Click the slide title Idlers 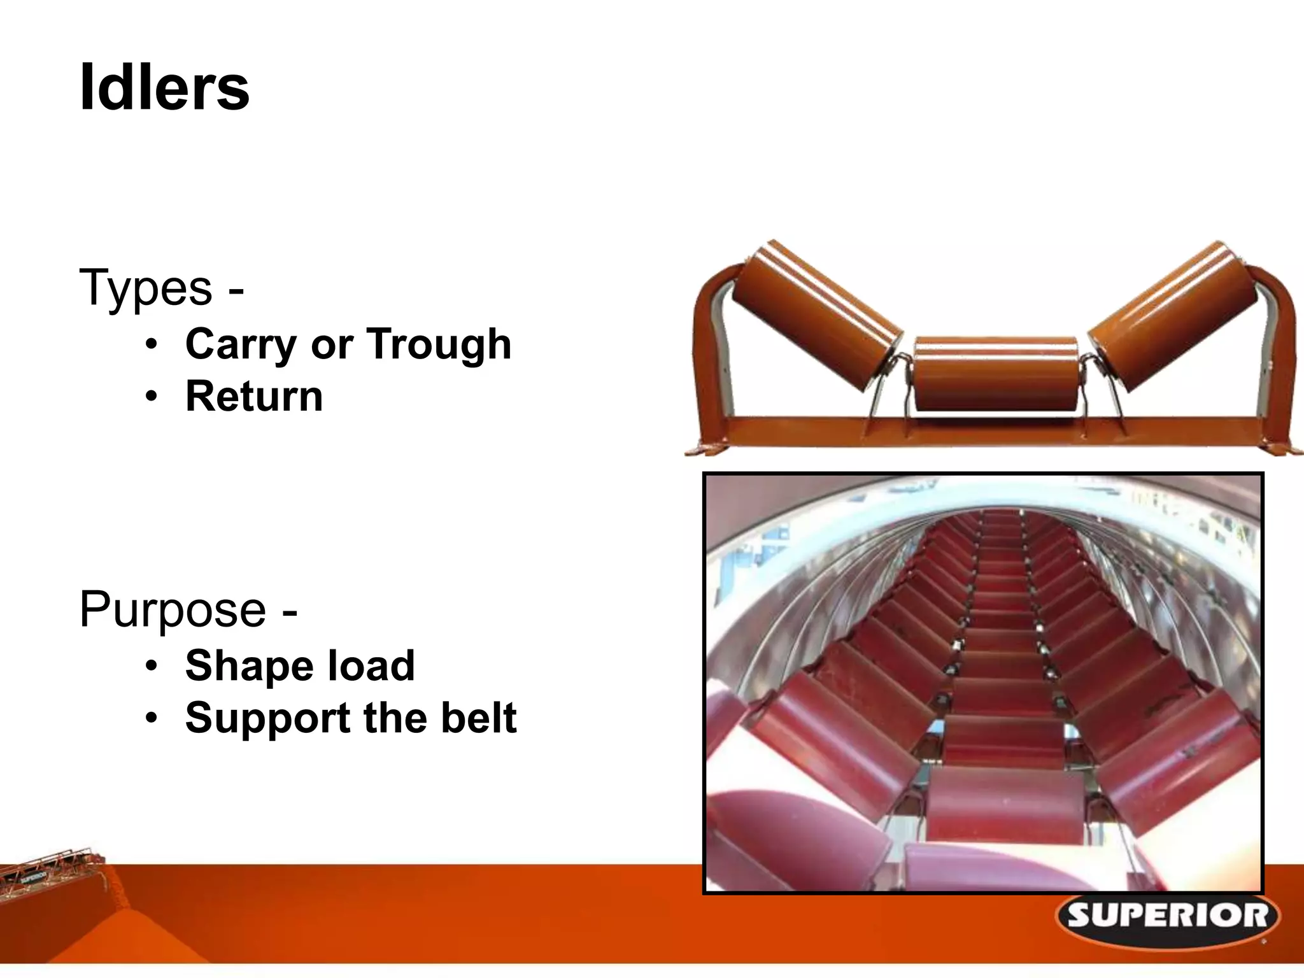tap(164, 88)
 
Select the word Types tap(145, 288)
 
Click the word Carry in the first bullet tap(241, 344)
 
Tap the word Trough tap(439, 344)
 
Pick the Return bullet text tap(254, 396)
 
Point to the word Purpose tap(173, 609)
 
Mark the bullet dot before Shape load tap(150, 667)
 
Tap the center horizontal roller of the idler tap(996, 374)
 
